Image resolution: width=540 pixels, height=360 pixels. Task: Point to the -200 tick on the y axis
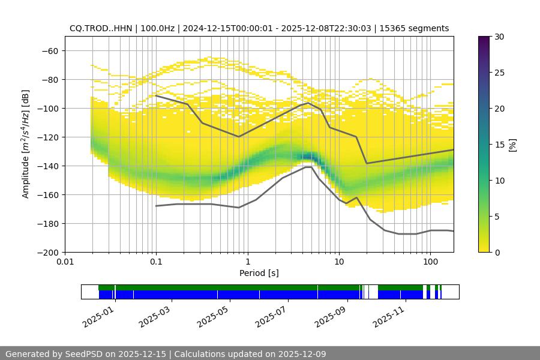(x=48, y=252)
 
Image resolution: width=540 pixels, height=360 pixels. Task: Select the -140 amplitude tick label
(x=48, y=166)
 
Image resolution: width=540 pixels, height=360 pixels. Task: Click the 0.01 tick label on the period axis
(x=65, y=262)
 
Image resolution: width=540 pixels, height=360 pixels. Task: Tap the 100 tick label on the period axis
(x=430, y=262)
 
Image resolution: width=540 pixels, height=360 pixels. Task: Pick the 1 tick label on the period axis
(x=247, y=262)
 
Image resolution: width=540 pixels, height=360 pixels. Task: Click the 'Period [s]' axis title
(x=259, y=273)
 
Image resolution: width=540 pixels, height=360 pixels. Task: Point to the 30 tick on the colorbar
(x=499, y=37)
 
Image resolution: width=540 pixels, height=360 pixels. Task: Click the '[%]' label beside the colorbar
(x=512, y=144)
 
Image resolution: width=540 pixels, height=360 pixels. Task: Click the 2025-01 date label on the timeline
(x=97, y=314)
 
